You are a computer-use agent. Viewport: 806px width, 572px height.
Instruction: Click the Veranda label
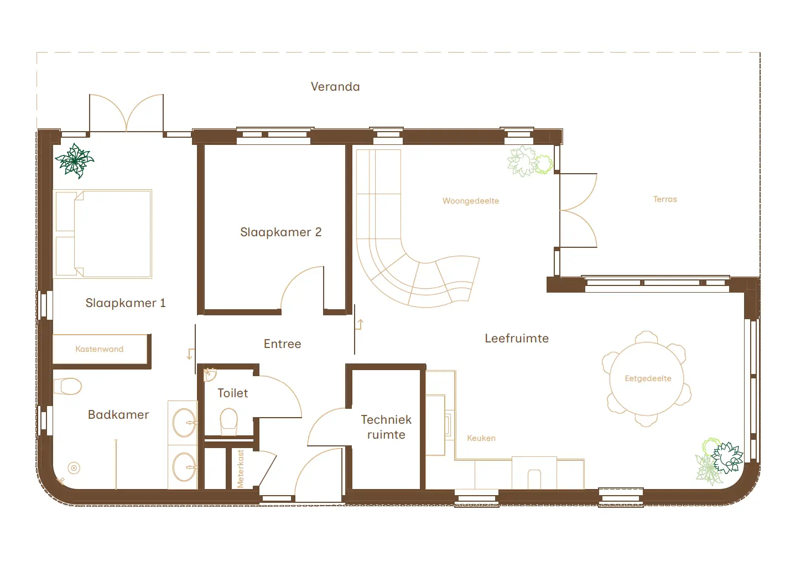pyautogui.click(x=335, y=87)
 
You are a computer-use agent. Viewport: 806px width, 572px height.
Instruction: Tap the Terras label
pyautogui.click(x=665, y=199)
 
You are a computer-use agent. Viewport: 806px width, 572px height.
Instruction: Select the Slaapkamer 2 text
pyautogui.click(x=280, y=232)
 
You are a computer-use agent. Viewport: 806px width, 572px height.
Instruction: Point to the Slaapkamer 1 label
pyautogui.click(x=126, y=303)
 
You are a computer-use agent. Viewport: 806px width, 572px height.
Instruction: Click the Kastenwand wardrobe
pyautogui.click(x=100, y=349)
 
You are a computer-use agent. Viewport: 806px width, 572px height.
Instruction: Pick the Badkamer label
pyautogui.click(x=118, y=415)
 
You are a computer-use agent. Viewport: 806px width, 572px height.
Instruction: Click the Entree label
pyautogui.click(x=282, y=344)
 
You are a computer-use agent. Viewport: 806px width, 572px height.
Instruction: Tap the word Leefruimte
pyautogui.click(x=517, y=339)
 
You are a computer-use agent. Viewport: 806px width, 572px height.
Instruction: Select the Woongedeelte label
pyautogui.click(x=470, y=201)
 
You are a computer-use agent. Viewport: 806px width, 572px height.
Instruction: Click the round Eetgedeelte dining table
pyautogui.click(x=647, y=379)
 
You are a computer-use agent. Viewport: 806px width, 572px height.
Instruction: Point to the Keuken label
pyautogui.click(x=481, y=438)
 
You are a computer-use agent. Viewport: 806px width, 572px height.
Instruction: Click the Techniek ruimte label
pyautogui.click(x=386, y=427)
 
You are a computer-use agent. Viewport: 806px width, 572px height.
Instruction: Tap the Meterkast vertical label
pyautogui.click(x=241, y=469)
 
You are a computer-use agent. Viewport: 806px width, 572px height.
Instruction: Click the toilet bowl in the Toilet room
pyautogui.click(x=228, y=421)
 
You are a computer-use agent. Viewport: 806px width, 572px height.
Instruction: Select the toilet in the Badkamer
pyautogui.click(x=69, y=386)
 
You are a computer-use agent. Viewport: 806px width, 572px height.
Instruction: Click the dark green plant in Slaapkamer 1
pyautogui.click(x=75, y=160)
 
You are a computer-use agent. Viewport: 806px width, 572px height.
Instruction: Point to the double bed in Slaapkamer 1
pyautogui.click(x=103, y=233)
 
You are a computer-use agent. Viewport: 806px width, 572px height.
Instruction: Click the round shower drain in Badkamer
pyautogui.click(x=74, y=468)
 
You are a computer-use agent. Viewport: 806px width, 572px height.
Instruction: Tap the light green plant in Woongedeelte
pyautogui.click(x=529, y=162)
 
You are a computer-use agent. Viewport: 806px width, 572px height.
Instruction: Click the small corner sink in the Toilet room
pyautogui.click(x=209, y=375)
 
